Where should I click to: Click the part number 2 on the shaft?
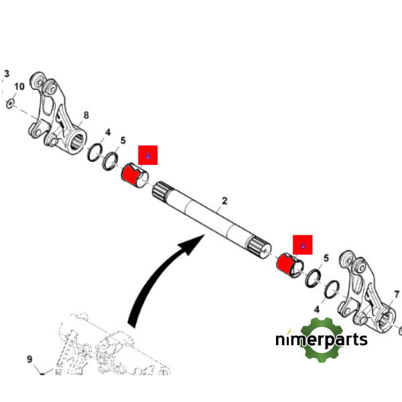click(x=224, y=200)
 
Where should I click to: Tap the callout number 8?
click(x=86, y=115)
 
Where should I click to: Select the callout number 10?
click(x=19, y=87)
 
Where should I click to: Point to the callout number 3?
click(x=7, y=73)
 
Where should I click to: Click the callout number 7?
click(x=396, y=293)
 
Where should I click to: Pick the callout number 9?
click(x=29, y=360)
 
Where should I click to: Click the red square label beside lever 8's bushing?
click(x=147, y=155)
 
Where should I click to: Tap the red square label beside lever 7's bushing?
click(x=302, y=245)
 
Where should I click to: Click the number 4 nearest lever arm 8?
click(x=107, y=133)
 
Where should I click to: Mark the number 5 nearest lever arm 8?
click(x=123, y=141)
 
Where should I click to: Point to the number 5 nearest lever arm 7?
click(x=326, y=258)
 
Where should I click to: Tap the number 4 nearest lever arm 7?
click(x=317, y=310)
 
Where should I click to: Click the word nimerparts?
click(x=322, y=340)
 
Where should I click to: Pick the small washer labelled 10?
click(x=11, y=103)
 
